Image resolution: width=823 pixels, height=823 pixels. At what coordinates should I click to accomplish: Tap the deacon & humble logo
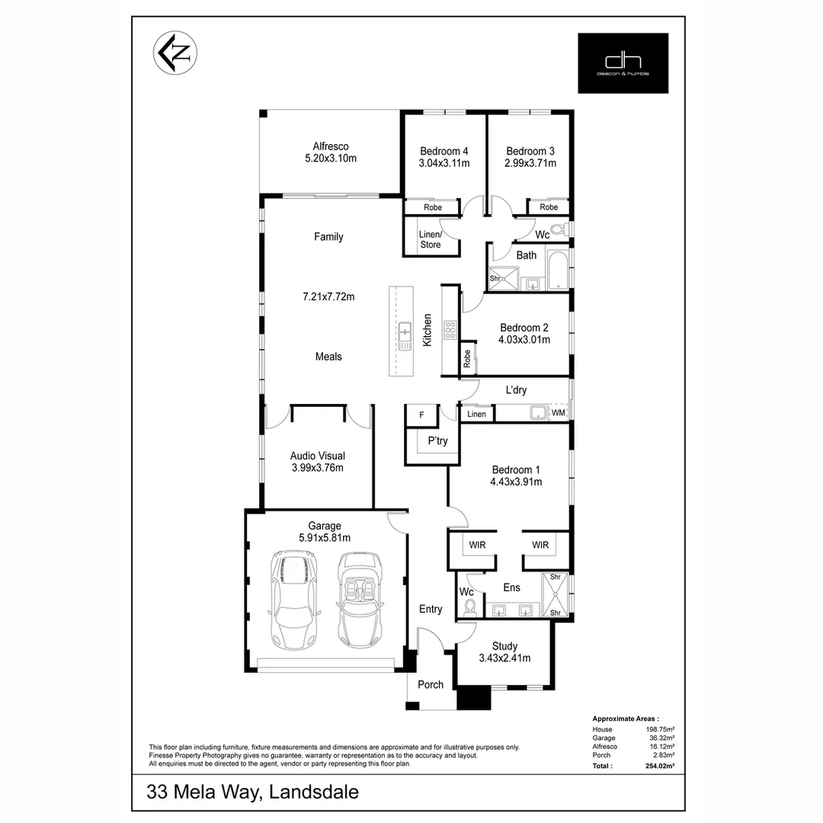(x=623, y=63)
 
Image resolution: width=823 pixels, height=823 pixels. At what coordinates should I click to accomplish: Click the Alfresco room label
(x=331, y=146)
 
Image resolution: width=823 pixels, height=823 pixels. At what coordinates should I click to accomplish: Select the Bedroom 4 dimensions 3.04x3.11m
(x=444, y=163)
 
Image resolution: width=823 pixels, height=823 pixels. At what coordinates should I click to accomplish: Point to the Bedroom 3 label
(x=530, y=151)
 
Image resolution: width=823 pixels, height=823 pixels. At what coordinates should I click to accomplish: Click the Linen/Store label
(x=431, y=239)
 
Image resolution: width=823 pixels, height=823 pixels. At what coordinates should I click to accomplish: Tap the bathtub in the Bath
(x=559, y=267)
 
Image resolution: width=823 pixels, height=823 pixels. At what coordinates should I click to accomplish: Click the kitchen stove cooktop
(x=450, y=330)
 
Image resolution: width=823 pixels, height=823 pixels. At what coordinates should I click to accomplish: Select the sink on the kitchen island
(x=404, y=331)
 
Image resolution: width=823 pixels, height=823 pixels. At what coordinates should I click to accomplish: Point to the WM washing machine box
(x=559, y=412)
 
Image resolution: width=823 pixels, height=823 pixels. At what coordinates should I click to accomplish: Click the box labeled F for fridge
(x=421, y=415)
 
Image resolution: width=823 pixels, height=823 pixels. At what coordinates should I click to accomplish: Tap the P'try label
(x=437, y=440)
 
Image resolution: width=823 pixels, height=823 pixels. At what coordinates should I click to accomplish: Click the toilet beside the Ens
(x=470, y=607)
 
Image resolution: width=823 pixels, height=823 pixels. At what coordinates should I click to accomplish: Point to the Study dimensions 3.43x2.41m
(x=504, y=658)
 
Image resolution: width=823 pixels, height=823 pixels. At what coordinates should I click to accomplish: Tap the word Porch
(x=431, y=684)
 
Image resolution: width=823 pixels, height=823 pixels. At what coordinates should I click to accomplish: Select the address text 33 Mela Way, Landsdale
(x=252, y=792)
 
